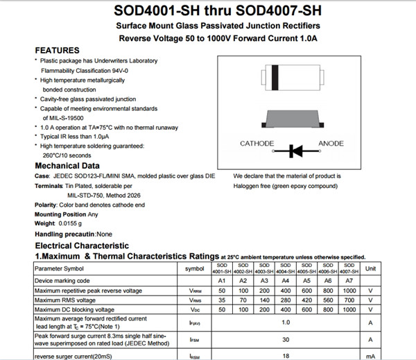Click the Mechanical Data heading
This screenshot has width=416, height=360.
[x=67, y=166]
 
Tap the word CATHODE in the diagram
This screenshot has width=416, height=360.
[x=257, y=144]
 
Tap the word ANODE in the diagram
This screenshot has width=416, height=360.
[x=331, y=144]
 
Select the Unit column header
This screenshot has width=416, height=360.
[x=370, y=268]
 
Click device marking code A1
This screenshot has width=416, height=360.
[x=223, y=280]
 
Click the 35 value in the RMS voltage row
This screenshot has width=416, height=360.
[x=223, y=300]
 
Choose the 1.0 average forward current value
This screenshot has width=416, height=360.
[x=285, y=322]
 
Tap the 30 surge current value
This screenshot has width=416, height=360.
[x=285, y=339]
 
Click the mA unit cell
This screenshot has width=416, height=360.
[x=370, y=355]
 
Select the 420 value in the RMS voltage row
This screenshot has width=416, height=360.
[x=306, y=300]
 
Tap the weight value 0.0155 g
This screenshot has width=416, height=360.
[x=69, y=224]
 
